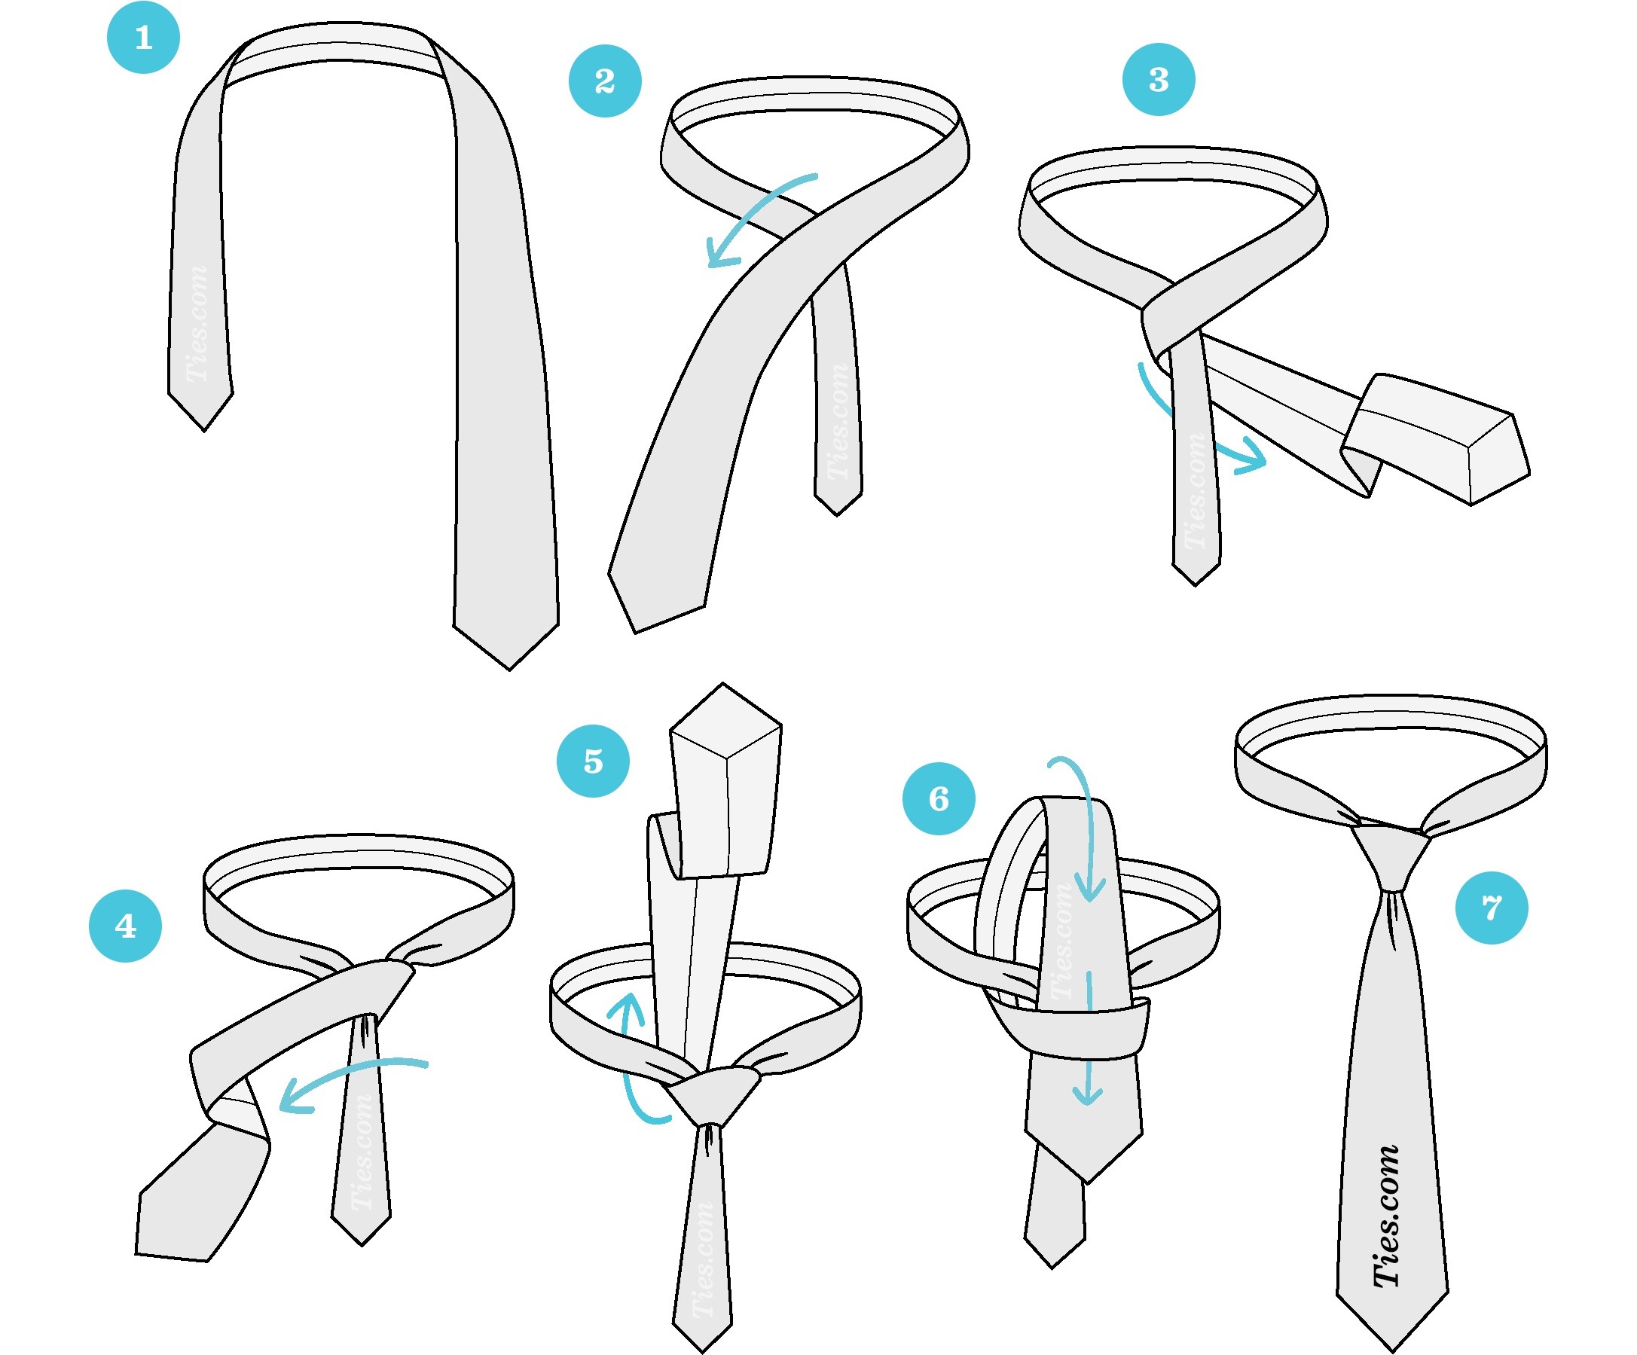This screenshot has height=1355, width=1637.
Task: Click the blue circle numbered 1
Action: (143, 38)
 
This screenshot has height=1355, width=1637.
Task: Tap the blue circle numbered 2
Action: (605, 81)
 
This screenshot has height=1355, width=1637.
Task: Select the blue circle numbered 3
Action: (1159, 80)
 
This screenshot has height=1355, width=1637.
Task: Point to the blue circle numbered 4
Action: (126, 926)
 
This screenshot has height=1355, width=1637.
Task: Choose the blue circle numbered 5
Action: (593, 761)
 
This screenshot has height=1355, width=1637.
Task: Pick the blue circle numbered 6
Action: (939, 798)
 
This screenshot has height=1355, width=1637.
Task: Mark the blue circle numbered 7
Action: (1491, 908)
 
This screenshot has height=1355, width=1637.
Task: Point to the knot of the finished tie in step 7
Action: (1391, 857)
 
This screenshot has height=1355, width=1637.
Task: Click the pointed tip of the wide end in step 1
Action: (510, 669)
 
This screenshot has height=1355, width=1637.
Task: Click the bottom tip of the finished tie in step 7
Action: (1392, 1351)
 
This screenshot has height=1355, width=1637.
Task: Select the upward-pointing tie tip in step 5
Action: (723, 684)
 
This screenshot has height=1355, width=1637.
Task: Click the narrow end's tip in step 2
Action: (837, 514)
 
